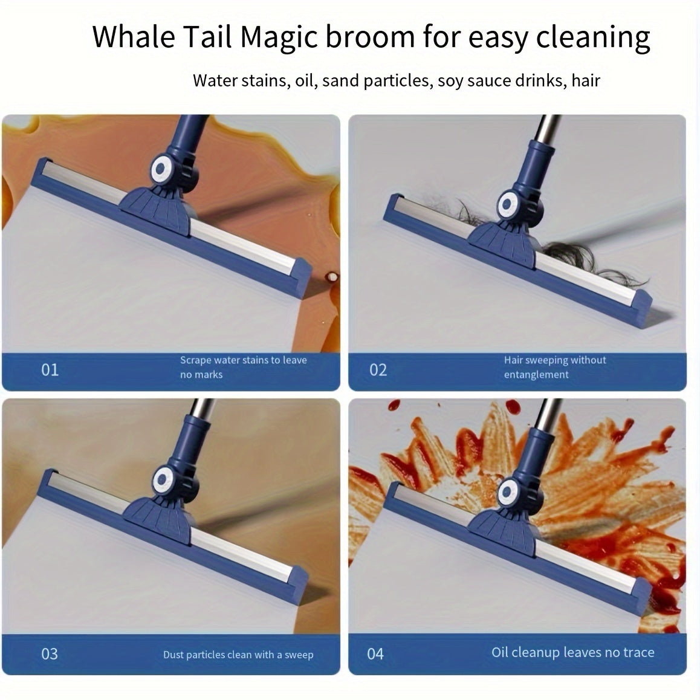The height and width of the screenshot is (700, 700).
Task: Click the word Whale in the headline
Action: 134,36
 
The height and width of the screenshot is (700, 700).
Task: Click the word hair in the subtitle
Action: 586,80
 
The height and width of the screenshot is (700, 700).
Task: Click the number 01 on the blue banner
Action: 50,370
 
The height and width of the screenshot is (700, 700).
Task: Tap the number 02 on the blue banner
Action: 378,370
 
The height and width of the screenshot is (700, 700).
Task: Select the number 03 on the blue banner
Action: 50,654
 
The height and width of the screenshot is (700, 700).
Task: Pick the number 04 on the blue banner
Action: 375,654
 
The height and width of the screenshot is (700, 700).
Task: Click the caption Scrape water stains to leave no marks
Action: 243,367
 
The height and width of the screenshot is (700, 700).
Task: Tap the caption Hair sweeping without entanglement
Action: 555,367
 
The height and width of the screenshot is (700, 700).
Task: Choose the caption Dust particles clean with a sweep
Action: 238,655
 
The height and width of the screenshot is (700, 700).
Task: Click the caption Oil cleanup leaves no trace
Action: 573,652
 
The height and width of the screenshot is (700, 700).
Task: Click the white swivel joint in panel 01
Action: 161,170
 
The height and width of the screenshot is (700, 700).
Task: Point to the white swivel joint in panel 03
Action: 163,481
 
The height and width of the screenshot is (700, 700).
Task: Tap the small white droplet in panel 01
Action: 331,276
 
